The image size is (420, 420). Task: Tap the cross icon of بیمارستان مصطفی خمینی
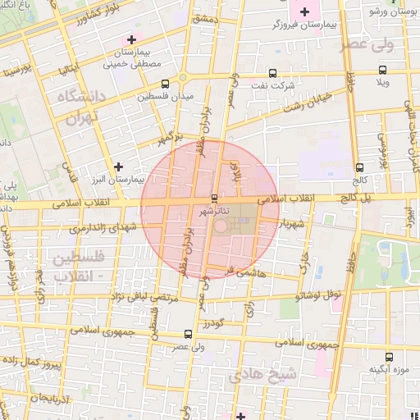pos(131,39)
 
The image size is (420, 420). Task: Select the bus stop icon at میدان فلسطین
pos(166,84)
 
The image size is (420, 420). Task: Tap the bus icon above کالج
pos(360,167)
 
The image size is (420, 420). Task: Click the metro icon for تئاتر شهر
pos(215,199)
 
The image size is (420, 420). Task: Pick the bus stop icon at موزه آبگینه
pos(389,357)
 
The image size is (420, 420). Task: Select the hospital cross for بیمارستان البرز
pos(120,167)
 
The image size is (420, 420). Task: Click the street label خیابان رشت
pos(308,101)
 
